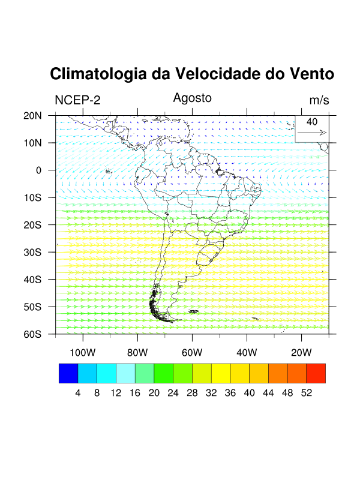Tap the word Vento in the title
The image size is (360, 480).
pyautogui.click(x=310, y=74)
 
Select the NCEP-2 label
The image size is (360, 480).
pyautogui.click(x=77, y=100)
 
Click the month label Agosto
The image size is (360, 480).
pyautogui.click(x=193, y=98)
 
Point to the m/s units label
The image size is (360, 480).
pyautogui.click(x=319, y=100)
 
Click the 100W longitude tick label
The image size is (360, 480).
pyautogui.click(x=83, y=352)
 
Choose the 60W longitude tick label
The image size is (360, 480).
pyautogui.click(x=192, y=352)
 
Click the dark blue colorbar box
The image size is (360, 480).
pyautogui.click(x=68, y=373)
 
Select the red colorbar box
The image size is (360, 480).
pyautogui.click(x=316, y=373)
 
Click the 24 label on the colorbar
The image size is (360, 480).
pyautogui.click(x=173, y=393)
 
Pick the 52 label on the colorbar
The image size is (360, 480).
pyautogui.click(x=306, y=393)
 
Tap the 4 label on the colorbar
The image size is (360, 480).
pyautogui.click(x=78, y=393)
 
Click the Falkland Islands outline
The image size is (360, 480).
pyautogui.click(x=193, y=311)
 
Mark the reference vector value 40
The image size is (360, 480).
pyautogui.click(x=312, y=122)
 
